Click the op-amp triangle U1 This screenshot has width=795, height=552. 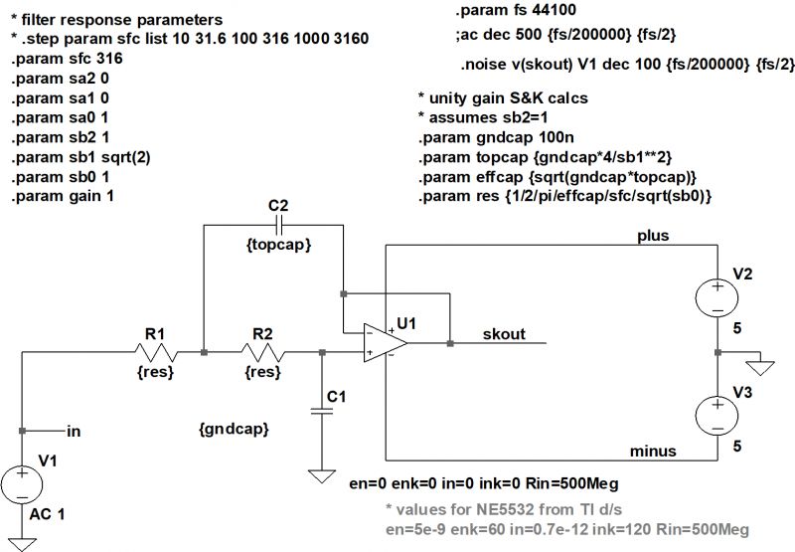click(384, 344)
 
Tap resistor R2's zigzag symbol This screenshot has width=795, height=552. click(261, 351)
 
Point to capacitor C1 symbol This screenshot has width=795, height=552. click(320, 410)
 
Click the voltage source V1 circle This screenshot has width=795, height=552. click(22, 485)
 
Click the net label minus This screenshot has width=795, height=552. click(654, 452)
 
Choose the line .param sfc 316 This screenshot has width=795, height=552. click(68, 59)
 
